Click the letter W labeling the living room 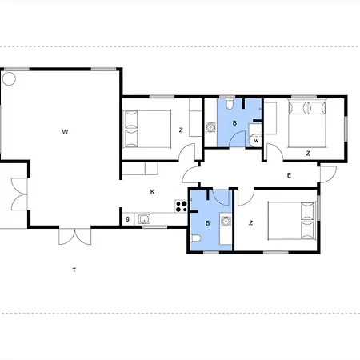pyautogui.click(x=65, y=132)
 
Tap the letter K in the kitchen pyautogui.click(x=152, y=192)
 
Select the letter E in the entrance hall pyautogui.click(x=289, y=175)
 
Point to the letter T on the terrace pyautogui.click(x=74, y=270)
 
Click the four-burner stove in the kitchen pyautogui.click(x=181, y=206)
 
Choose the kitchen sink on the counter pyautogui.click(x=144, y=219)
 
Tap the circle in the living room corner pyautogui.click(x=9, y=78)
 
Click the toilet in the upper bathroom pyautogui.click(x=229, y=104)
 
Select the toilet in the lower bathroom pyautogui.click(x=195, y=238)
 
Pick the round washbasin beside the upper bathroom pyautogui.click(x=210, y=127)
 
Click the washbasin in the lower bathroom pyautogui.click(x=226, y=221)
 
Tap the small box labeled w pyautogui.click(x=256, y=141)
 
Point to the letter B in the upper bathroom pyautogui.click(x=234, y=123)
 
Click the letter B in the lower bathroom pyautogui.click(x=207, y=223)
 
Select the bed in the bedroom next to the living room pyautogui.click(x=146, y=129)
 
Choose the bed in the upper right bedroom pyautogui.click(x=307, y=123)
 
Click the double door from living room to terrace pyautogui.click(x=75, y=236)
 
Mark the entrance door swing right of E pyautogui.click(x=328, y=174)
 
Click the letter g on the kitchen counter pyautogui.click(x=127, y=219)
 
